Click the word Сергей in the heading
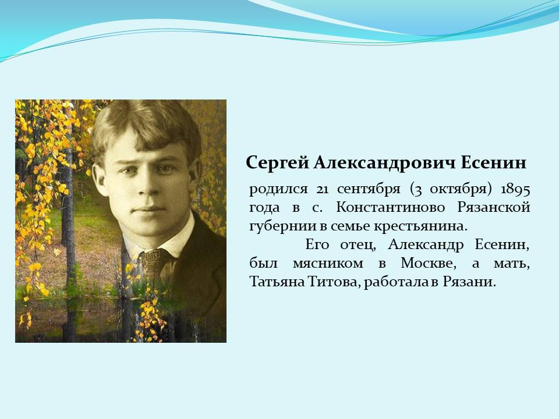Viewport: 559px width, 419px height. [277, 163]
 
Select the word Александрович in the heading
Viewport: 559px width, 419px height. [385, 162]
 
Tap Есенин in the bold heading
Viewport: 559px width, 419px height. [494, 162]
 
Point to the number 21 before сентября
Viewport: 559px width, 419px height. [322, 189]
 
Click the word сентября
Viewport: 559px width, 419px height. [369, 189]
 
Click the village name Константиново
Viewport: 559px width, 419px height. [390, 207]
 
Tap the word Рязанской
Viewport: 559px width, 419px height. [494, 208]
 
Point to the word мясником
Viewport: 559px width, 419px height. [328, 264]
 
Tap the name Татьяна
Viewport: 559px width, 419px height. [276, 282]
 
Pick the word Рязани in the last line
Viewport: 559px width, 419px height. [469, 282]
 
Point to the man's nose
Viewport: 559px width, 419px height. [146, 185]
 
